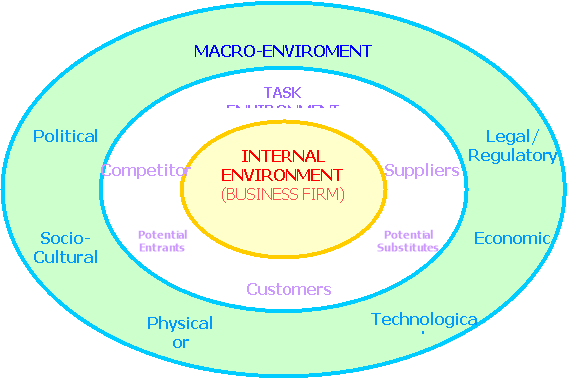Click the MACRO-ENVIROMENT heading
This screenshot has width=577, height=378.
pos(283,51)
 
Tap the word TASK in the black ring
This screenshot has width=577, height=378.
pos(283,93)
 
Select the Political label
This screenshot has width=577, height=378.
pos(66,136)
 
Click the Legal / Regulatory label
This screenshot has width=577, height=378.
pos(512,146)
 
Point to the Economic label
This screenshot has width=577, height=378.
pos(512,238)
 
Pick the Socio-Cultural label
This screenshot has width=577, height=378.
pos(68,247)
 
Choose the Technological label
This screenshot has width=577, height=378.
pos(424,320)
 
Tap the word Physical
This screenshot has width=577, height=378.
pos(180,323)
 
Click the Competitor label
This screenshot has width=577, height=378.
pos(145,170)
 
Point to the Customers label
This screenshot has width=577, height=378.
pos(288,289)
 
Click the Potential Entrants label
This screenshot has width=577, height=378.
pos(161,241)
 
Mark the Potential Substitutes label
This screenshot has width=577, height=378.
pos(408,241)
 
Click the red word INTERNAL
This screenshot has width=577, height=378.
pos(283,156)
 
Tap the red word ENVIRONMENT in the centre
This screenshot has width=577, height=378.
pos(283,174)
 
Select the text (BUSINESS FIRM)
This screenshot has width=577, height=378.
pos(283,194)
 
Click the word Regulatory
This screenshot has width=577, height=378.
pos(512,155)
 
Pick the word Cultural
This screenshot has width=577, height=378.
pos(68,257)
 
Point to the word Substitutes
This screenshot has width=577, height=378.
pos(408,247)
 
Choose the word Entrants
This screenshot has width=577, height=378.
pos(161,247)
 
